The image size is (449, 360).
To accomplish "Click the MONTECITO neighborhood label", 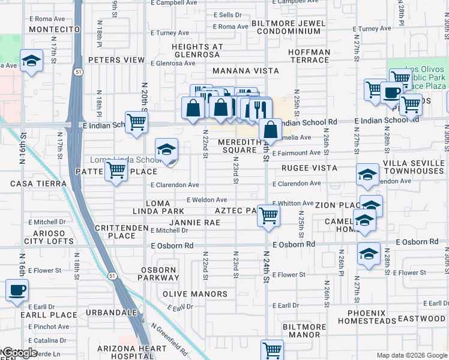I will pyautogui.click(x=54, y=29).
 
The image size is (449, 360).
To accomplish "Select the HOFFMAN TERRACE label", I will pyautogui.click(x=309, y=56).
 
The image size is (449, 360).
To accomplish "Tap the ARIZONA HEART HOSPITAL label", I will pyautogui.click(x=134, y=353).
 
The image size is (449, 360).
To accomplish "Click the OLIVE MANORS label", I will pyautogui.click(x=195, y=294).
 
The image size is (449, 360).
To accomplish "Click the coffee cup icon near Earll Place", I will pyautogui.click(x=17, y=290).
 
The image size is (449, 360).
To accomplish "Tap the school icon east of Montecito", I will pyautogui.click(x=31, y=61).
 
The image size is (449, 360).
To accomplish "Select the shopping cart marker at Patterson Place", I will pyautogui.click(x=115, y=170).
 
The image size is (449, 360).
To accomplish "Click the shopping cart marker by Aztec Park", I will pyautogui.click(x=268, y=215).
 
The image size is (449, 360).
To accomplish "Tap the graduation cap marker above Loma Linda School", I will pyautogui.click(x=166, y=150).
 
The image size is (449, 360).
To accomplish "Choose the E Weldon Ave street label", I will pyautogui.click(x=206, y=200).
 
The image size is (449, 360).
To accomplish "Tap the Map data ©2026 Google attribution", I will pyautogui.click(x=412, y=355).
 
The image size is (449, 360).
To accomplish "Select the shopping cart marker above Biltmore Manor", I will pyautogui.click(x=272, y=349).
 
